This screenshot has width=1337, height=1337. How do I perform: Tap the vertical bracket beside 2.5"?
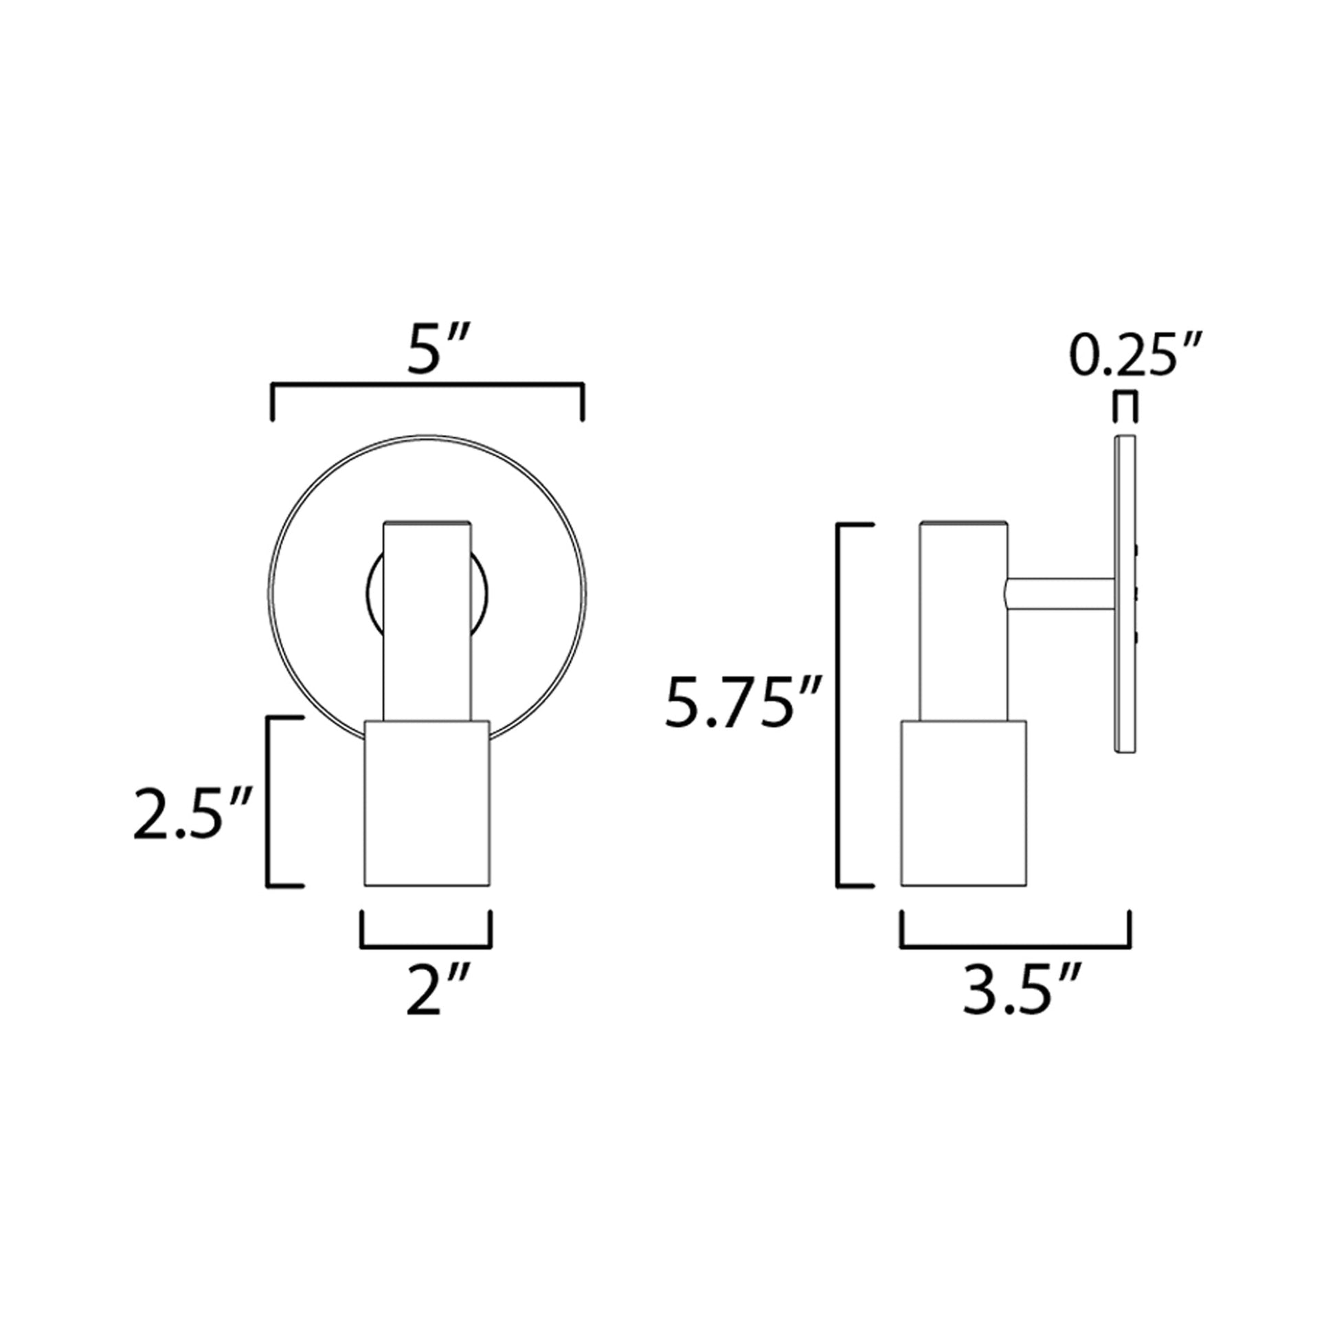[x=269, y=801]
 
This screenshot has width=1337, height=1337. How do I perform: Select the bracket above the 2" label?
[x=426, y=945]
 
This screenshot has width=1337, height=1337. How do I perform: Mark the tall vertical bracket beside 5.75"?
[x=840, y=704]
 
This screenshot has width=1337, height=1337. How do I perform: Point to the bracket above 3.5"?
[x=1015, y=946]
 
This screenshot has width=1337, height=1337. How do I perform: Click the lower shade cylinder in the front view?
[x=427, y=802]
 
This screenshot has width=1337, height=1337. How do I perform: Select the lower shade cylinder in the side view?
[x=963, y=802]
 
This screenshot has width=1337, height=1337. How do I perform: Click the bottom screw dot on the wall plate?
[x=1138, y=635]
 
